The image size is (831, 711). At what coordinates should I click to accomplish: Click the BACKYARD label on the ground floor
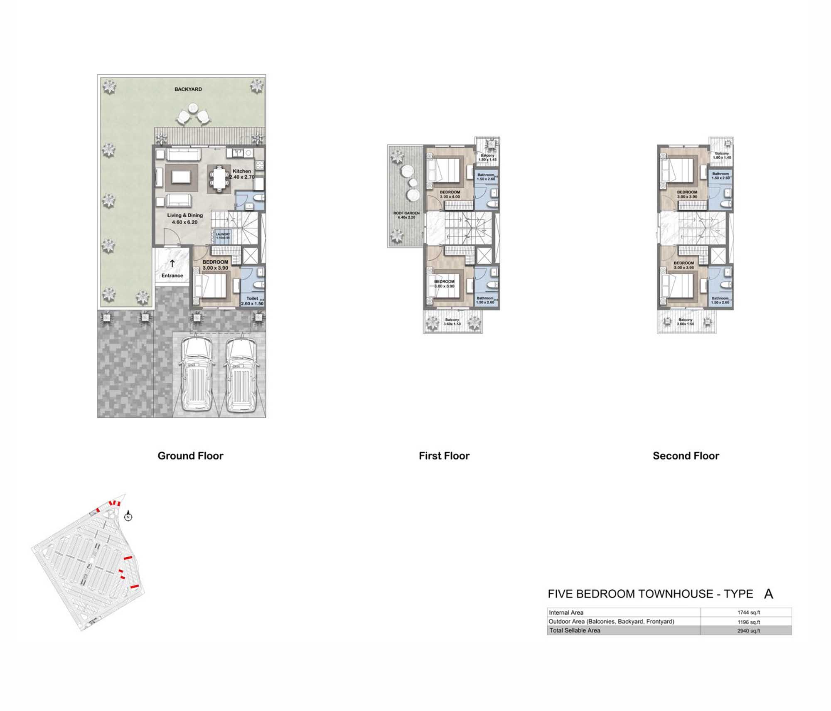pos(188,89)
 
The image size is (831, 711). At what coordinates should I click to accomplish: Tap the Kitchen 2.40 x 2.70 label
pos(242,174)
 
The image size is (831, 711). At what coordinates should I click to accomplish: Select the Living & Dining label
pos(185,215)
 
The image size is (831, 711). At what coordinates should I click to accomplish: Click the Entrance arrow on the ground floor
pos(172,263)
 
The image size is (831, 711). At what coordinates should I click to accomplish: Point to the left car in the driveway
pos(197,374)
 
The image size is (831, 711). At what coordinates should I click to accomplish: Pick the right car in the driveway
pos(240,374)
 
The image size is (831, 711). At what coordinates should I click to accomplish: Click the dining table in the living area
pos(219,179)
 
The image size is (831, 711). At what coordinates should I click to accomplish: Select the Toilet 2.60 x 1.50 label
pos(252,301)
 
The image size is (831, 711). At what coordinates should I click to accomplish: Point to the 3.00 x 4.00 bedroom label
pos(450,194)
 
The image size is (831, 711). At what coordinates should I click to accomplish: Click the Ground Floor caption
pos(190,456)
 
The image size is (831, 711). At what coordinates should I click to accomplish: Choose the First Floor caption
pos(444,456)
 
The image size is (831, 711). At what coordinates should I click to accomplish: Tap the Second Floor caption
pos(686,456)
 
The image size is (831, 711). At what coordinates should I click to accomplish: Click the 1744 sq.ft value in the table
pos(749,613)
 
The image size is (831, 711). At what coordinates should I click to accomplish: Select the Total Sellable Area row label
pos(575,630)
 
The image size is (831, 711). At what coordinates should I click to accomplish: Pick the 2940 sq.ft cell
pos(749,631)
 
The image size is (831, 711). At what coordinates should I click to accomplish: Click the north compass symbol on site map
pos(129,517)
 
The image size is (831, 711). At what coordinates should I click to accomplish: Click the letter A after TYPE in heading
pos(768,594)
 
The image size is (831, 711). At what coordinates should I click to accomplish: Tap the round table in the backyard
pos(193,108)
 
